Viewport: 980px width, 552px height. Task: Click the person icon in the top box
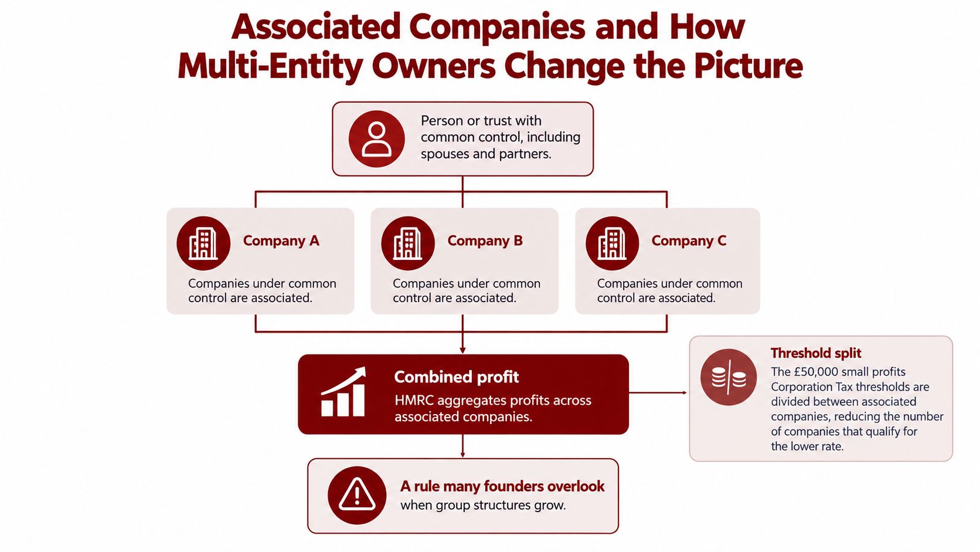(x=376, y=139)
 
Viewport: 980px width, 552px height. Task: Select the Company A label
(x=281, y=241)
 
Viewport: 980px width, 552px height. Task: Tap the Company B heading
(x=485, y=241)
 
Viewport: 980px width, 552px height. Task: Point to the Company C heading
(x=689, y=241)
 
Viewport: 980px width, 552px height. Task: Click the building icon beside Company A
(x=203, y=243)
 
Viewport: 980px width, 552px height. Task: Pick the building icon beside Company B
(x=408, y=243)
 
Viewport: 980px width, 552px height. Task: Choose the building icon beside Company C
(x=612, y=243)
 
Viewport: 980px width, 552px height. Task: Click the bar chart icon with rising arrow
(x=343, y=392)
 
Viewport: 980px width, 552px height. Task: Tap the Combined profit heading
(x=457, y=377)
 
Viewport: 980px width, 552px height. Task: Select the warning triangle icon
(x=357, y=495)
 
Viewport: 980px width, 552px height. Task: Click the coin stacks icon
(x=729, y=377)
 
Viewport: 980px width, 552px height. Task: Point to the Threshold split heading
(x=816, y=353)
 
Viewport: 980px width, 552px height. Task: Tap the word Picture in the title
(x=748, y=66)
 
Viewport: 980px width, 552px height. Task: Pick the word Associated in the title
(x=316, y=27)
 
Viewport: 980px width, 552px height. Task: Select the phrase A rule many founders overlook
(x=502, y=486)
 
